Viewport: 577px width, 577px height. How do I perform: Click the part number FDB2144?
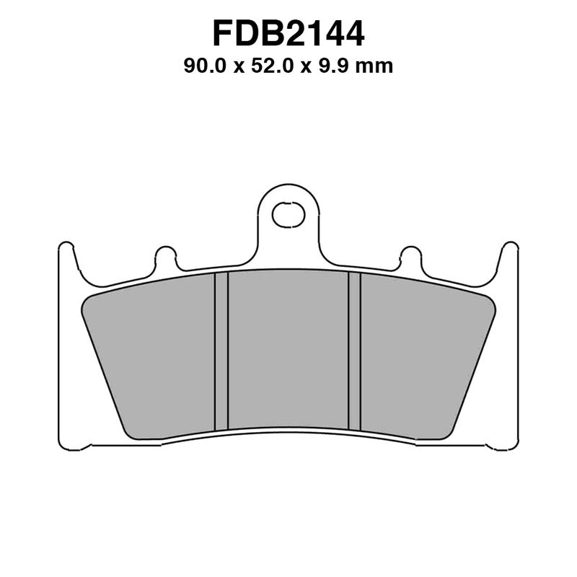click(x=288, y=33)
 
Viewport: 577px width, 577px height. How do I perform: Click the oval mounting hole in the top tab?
click(x=288, y=214)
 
